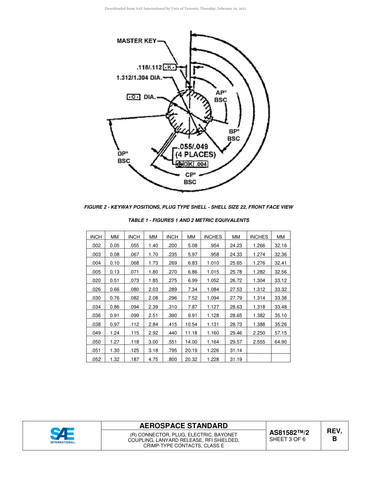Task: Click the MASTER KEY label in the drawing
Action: (137, 41)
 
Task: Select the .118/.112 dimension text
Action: (149, 67)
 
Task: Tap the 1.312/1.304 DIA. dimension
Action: (139, 78)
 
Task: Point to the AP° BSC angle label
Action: (221, 96)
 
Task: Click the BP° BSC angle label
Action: (233, 135)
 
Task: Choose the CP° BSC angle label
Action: (190, 178)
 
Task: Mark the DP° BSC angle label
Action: (124, 157)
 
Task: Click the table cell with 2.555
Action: (259, 342)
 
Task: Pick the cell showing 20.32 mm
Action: (191, 359)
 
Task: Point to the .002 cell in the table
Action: (96, 246)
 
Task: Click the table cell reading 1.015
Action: (213, 272)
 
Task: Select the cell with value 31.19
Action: (236, 359)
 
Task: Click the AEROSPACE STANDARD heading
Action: (183, 426)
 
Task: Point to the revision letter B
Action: (334, 439)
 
